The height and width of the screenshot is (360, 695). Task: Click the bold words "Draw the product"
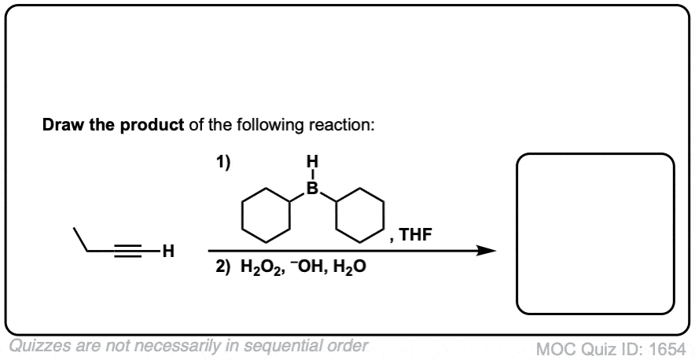pyautogui.click(x=113, y=126)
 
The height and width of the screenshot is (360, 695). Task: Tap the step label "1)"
pyautogui.click(x=223, y=163)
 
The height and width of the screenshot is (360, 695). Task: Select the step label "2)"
pyautogui.click(x=224, y=267)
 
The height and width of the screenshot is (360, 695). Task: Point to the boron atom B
pyautogui.click(x=313, y=189)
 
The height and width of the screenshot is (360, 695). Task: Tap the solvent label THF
pyautogui.click(x=415, y=234)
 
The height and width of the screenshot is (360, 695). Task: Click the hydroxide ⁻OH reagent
pyautogui.click(x=303, y=267)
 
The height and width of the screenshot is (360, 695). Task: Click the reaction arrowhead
pyautogui.click(x=487, y=251)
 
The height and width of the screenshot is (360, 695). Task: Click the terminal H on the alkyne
pyautogui.click(x=168, y=252)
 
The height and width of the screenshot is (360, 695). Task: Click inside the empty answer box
pyautogui.click(x=595, y=233)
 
